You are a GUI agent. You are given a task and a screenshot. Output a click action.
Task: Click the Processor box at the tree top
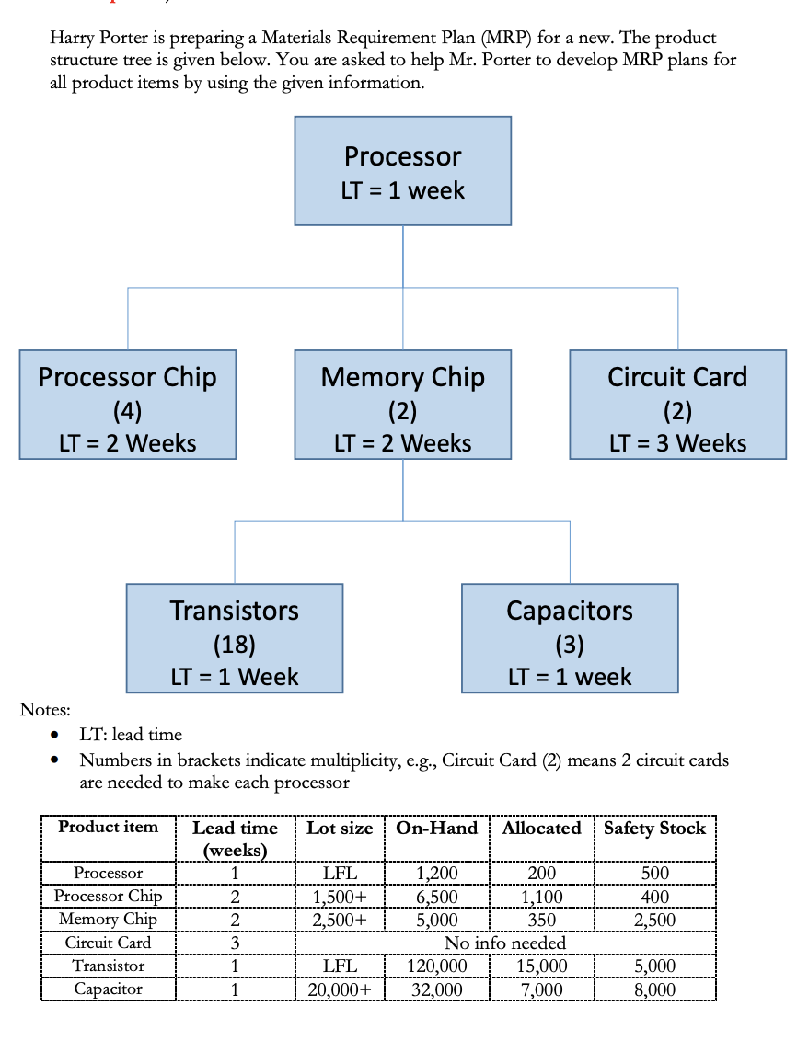[402, 171]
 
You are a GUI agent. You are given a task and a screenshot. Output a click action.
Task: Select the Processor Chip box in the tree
[127, 405]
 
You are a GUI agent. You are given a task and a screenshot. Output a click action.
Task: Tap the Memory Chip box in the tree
[402, 405]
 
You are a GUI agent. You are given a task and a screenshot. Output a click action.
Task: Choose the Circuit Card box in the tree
[677, 405]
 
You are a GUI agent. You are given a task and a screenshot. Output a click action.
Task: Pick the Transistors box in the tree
[235, 638]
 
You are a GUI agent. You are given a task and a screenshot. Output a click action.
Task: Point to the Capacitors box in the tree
[570, 638]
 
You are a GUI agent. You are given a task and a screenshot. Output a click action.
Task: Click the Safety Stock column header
[654, 829]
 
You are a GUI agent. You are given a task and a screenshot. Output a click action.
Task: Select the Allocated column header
[542, 829]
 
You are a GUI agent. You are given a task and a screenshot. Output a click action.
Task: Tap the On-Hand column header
[436, 829]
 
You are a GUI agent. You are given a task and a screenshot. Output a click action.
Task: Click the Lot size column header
[340, 829]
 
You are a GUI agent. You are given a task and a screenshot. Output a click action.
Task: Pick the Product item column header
[108, 827]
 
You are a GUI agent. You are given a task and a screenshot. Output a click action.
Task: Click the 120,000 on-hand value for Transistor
[437, 966]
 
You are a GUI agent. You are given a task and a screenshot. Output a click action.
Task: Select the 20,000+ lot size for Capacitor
[340, 989]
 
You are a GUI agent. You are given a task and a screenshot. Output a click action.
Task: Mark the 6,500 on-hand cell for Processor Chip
[437, 897]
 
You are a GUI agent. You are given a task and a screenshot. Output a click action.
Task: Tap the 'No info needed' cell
[505, 943]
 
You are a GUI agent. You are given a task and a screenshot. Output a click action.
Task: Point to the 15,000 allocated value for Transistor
[542, 966]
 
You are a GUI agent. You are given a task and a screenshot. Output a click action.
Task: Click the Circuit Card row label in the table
[108, 943]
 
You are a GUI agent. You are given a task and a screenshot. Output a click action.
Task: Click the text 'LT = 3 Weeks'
[677, 443]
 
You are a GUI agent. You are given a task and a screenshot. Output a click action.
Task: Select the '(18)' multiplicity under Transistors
[235, 644]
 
